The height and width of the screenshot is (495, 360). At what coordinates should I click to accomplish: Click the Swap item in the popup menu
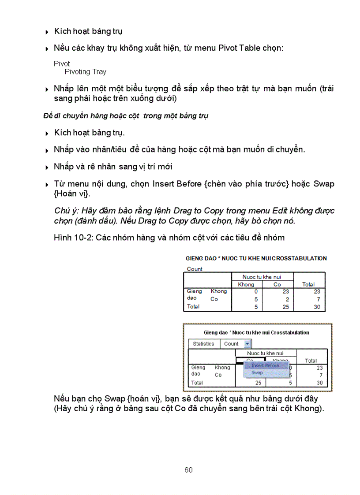pos(257,373)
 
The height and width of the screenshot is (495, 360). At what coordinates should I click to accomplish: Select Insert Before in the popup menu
pos(265,365)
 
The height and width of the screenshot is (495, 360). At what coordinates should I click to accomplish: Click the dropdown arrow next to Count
pos(247,344)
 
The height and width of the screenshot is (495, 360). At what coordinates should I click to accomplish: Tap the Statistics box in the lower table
pos(203,344)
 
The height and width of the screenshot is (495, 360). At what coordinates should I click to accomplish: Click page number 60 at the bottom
pos(188,470)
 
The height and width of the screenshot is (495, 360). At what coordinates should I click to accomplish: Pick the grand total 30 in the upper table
pos(317,307)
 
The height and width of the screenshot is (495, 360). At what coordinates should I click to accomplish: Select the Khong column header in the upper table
pos(246,284)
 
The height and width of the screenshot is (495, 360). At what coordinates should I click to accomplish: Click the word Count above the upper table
pos(195,269)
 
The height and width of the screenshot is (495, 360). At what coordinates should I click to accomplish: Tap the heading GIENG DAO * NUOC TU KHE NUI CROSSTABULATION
pos(256,258)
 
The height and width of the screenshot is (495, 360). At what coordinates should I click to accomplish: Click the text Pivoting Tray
pos(85,71)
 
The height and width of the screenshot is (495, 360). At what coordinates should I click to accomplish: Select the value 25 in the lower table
pos(258,383)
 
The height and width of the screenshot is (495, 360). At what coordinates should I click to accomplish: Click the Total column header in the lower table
pos(311,361)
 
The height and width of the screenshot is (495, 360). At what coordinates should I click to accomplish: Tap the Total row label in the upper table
pos(193,306)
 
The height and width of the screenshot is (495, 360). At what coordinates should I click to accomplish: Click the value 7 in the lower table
pos(320,375)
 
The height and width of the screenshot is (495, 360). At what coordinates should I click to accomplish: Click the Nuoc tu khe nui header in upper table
pos(262,277)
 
